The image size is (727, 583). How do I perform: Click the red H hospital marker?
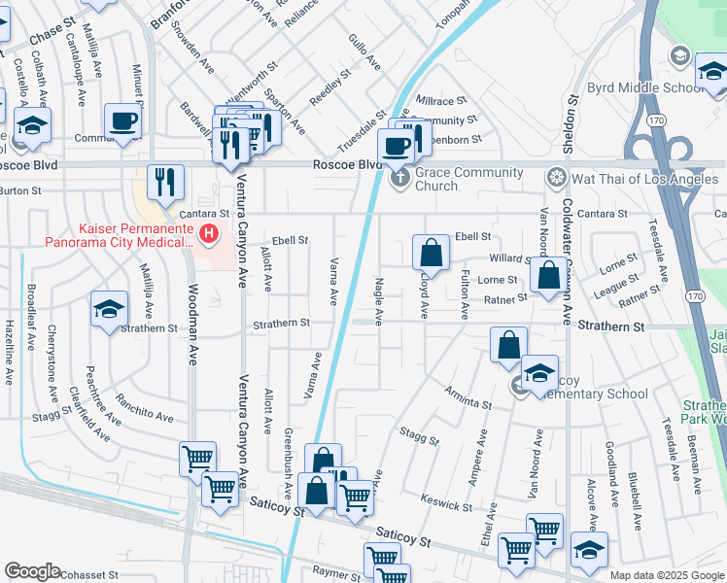pyautogui.click(x=207, y=233)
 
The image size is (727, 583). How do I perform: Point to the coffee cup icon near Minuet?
pyautogui.click(x=123, y=121)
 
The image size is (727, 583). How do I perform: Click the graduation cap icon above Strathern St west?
pyautogui.click(x=109, y=309)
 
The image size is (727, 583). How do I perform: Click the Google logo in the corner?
pyautogui.click(x=32, y=571)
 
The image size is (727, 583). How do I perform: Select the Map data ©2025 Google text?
pyautogui.click(x=667, y=575)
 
